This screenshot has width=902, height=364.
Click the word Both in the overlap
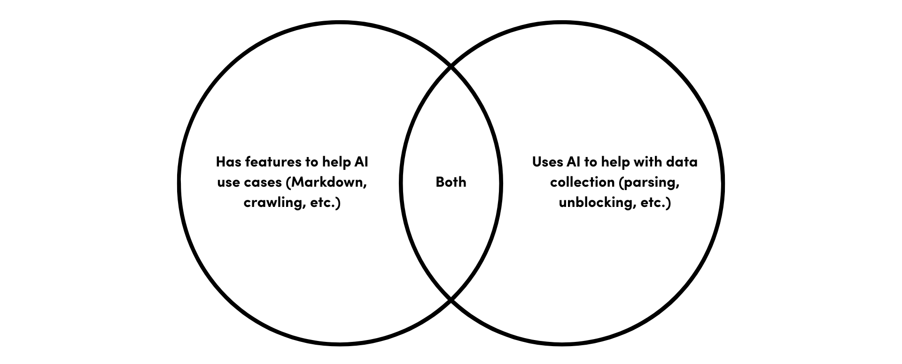click(451, 182)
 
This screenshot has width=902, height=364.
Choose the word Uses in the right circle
click(547, 162)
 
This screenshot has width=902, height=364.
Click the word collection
click(582, 182)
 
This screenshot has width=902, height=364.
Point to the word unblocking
click(594, 203)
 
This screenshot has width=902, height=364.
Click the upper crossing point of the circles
click(451, 68)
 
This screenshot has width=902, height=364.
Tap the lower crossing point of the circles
click(451, 299)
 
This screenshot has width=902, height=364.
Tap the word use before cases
click(228, 182)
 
